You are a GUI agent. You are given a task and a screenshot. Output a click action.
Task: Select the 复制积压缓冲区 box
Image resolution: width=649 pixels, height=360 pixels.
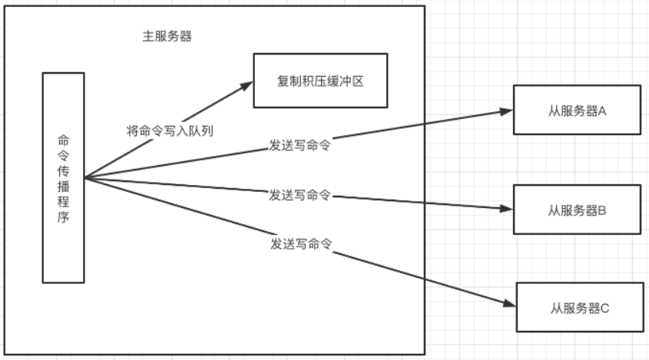click(320, 81)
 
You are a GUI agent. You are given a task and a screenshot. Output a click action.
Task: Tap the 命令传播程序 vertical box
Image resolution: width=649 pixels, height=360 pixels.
click(63, 178)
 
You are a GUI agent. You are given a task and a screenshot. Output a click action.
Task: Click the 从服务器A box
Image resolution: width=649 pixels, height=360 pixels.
click(577, 111)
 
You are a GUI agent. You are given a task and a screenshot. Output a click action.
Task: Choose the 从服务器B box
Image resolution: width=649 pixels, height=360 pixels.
click(577, 209)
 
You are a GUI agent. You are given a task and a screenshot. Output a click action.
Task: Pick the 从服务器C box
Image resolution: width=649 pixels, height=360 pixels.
click(579, 308)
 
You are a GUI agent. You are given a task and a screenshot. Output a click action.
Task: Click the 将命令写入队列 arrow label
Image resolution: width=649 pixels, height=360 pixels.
click(169, 130)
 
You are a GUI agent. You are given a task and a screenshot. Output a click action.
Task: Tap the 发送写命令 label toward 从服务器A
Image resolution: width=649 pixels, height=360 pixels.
click(300, 144)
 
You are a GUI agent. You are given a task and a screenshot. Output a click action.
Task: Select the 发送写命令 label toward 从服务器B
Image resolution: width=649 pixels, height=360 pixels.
click(300, 195)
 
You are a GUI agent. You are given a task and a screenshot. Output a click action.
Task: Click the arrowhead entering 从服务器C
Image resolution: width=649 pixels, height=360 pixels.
click(509, 305)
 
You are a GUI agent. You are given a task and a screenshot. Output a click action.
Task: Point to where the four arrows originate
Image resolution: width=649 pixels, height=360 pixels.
click(85, 178)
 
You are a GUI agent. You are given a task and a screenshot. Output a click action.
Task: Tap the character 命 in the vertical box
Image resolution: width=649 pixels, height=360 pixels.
click(63, 140)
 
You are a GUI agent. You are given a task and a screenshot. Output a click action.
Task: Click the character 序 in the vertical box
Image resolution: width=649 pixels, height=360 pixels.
click(63, 217)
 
